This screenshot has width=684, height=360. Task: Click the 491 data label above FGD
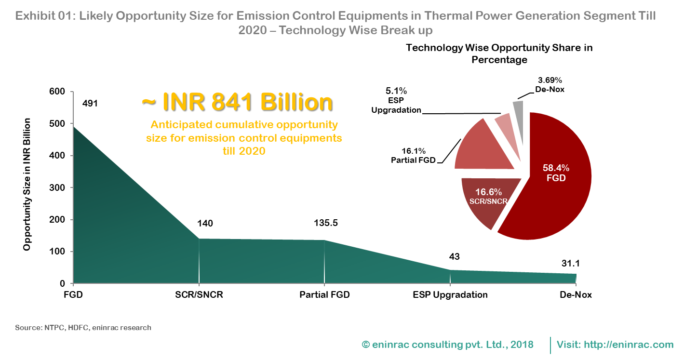(90, 103)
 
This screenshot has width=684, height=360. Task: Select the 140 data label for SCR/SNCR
(205, 223)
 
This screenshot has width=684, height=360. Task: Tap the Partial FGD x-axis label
(324, 295)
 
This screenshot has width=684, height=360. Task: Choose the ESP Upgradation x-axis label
(450, 295)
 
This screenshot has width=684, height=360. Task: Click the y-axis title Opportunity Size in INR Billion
(27, 184)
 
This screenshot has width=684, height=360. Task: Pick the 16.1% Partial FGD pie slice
(482, 147)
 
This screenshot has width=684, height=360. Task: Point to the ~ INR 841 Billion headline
(237, 102)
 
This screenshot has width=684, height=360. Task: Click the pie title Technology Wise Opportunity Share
(499, 53)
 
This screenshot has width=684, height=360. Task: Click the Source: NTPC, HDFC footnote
(83, 328)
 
